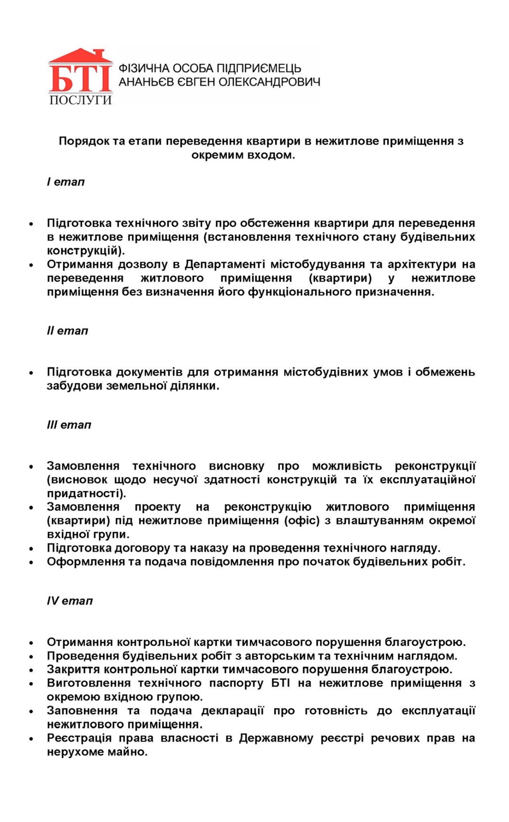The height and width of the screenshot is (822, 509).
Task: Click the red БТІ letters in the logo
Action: click(x=80, y=77)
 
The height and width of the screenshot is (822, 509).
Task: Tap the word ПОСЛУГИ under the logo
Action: click(x=80, y=100)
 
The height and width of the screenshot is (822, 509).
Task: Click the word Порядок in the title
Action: click(x=84, y=141)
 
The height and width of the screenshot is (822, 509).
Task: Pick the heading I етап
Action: click(x=66, y=182)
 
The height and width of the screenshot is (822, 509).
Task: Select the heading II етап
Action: click(x=68, y=331)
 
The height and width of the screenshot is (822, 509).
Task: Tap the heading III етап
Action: click(x=69, y=425)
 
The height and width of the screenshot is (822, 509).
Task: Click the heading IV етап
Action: click(x=70, y=601)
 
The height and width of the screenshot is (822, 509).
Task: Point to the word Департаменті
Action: click(x=224, y=265)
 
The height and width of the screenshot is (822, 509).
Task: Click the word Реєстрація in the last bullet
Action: click(x=79, y=738)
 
